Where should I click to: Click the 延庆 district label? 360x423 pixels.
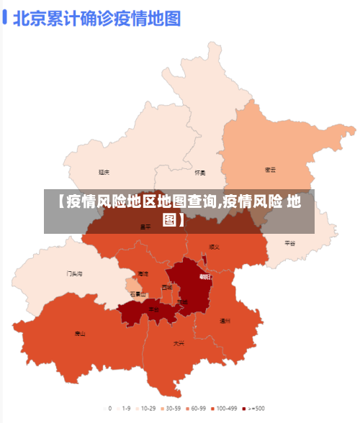[x=104, y=172]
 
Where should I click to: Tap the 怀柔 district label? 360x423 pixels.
[x=200, y=173]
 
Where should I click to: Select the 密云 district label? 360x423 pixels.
[x=271, y=170]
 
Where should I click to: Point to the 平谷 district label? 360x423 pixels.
[x=290, y=243]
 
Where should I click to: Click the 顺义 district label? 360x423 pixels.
[x=214, y=247]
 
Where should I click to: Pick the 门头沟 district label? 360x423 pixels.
[x=74, y=273]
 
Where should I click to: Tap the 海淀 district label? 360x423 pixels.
[x=143, y=273]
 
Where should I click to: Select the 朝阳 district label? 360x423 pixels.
[x=205, y=276]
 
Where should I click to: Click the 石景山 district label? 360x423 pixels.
[x=138, y=294]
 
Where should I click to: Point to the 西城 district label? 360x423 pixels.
[x=167, y=287]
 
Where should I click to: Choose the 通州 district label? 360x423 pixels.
[x=225, y=321]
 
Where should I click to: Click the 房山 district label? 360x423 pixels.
[x=80, y=333]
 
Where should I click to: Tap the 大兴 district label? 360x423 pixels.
[x=179, y=343]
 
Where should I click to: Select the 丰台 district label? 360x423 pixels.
[x=153, y=309]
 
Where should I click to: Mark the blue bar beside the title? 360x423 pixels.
[x=5, y=17]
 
